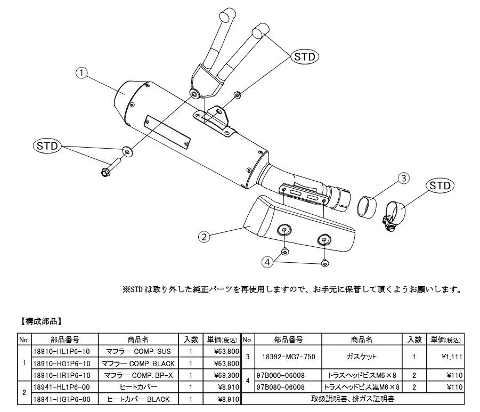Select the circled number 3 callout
[404, 179]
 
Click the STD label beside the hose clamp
[440, 186]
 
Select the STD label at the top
[305, 56]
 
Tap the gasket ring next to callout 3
[368, 204]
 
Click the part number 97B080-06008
[281, 387]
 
